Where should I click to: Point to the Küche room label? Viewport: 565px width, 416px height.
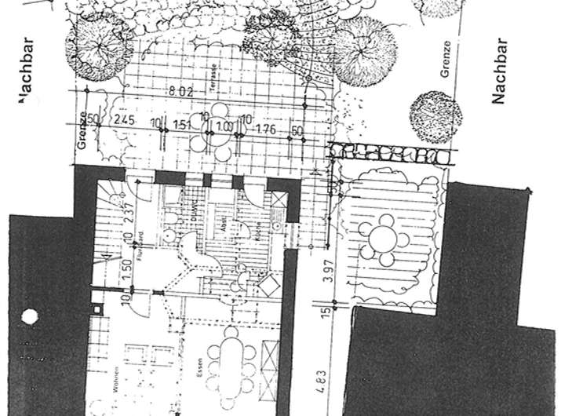258,229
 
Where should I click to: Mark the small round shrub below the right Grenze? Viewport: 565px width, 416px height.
436,118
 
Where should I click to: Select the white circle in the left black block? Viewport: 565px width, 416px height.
30,319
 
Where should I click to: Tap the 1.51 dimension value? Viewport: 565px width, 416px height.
182,123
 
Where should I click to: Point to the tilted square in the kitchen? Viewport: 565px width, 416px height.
268,283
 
